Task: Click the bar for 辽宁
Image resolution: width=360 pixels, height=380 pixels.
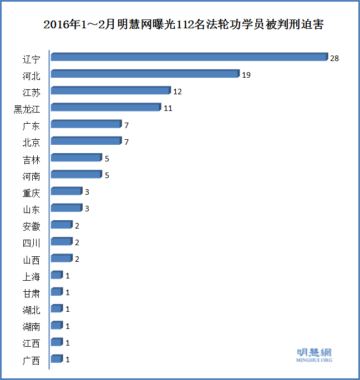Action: tap(189, 57)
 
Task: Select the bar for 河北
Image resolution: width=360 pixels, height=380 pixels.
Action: tap(145, 74)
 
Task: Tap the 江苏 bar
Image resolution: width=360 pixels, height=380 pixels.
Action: tap(110, 90)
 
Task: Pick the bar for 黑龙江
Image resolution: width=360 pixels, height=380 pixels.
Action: tap(105, 108)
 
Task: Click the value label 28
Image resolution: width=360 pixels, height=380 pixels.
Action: tap(334, 58)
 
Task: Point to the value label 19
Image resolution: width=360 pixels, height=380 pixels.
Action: tap(246, 75)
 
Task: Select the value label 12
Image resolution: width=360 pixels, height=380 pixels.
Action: tap(178, 92)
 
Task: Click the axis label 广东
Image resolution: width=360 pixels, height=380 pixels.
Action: tap(31, 126)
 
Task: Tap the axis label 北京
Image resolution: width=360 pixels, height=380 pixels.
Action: tap(31, 143)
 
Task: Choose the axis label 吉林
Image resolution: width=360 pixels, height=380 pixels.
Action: tap(31, 160)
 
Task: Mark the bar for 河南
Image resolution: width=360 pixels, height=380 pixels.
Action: tap(76, 175)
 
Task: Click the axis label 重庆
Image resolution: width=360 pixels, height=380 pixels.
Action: tap(31, 193)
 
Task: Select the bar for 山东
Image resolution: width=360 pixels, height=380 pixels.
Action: tap(66, 208)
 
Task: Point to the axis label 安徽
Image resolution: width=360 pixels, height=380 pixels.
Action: tap(31, 226)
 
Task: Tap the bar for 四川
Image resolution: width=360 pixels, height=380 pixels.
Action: tap(61, 242)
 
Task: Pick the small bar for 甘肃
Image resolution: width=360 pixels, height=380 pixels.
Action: tap(56, 292)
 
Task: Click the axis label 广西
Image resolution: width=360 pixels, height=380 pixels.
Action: tap(31, 361)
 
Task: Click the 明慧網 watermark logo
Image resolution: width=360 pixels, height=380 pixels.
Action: tap(315, 354)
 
